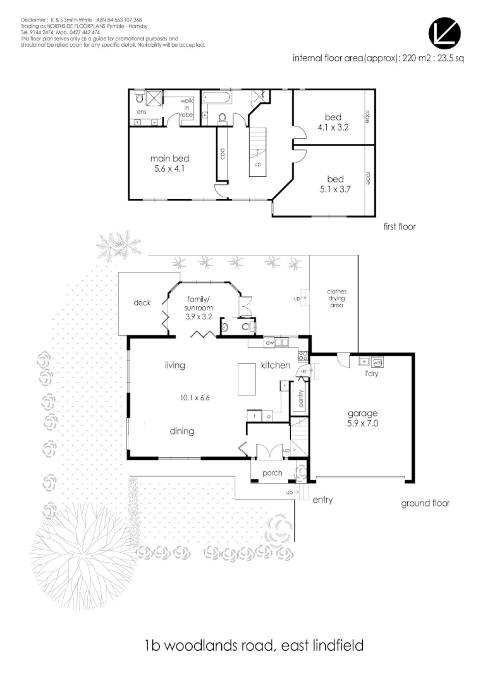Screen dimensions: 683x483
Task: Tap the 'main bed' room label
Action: [x=169, y=163]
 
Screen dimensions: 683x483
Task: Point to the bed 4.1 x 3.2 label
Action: [x=333, y=122]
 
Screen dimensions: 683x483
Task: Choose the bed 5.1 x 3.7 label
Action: [x=333, y=183]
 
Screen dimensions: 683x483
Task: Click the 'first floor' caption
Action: [x=400, y=226]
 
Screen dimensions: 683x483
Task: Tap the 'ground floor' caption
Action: [x=425, y=503]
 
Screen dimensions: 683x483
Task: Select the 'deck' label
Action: [x=142, y=303]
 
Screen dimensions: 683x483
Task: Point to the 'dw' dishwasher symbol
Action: [x=269, y=343]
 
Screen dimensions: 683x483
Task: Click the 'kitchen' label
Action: [x=276, y=366]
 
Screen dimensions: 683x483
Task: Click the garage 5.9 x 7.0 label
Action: [x=362, y=419]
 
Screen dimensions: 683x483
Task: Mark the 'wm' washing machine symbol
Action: [x=377, y=362]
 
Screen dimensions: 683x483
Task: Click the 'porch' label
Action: [x=271, y=473]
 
